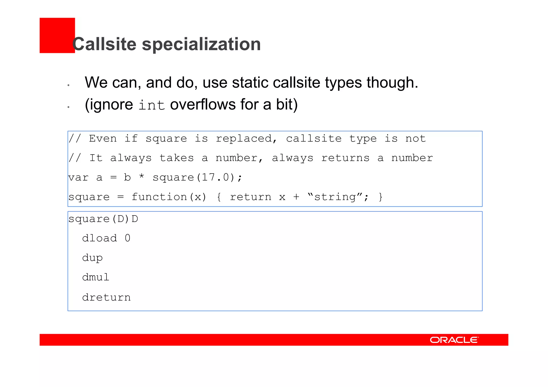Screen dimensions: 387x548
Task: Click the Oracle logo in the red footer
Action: pyautogui.click(x=454, y=340)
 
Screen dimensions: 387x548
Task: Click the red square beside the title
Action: pyautogui.click(x=57, y=35)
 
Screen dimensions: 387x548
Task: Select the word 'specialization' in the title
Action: pyautogui.click(x=201, y=44)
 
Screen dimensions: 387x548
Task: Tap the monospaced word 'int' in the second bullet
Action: pyautogui.click(x=151, y=105)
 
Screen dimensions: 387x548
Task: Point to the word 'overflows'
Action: pyautogui.click(x=203, y=104)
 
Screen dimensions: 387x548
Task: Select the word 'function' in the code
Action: pyautogui.click(x=159, y=197)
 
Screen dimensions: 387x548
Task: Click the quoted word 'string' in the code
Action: pyautogui.click(x=335, y=197)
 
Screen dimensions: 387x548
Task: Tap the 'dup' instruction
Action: pyautogui.click(x=92, y=258)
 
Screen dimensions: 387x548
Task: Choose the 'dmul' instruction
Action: pyautogui.click(x=96, y=277)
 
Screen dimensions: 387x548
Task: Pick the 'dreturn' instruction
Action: pyautogui.click(x=106, y=297)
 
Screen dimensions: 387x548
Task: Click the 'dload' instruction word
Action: pyautogui.click(x=99, y=238)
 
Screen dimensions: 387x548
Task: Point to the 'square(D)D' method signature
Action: pyautogui.click(x=103, y=219)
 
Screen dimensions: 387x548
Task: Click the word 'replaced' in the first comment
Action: pyautogui.click(x=244, y=139)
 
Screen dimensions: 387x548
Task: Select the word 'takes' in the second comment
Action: pyautogui.click(x=177, y=158)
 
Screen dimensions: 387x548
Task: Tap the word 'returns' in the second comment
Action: pyautogui.click(x=345, y=158)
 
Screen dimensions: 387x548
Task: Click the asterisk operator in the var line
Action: pyautogui.click(x=142, y=177)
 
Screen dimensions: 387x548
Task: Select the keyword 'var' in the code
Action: pyautogui.click(x=78, y=178)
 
